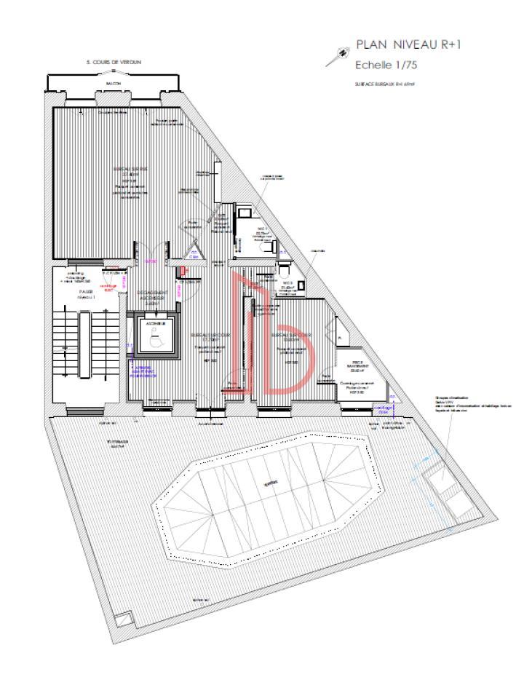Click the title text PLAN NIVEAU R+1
point(408,46)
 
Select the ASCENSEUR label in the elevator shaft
point(153,322)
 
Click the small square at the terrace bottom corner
point(124,618)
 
